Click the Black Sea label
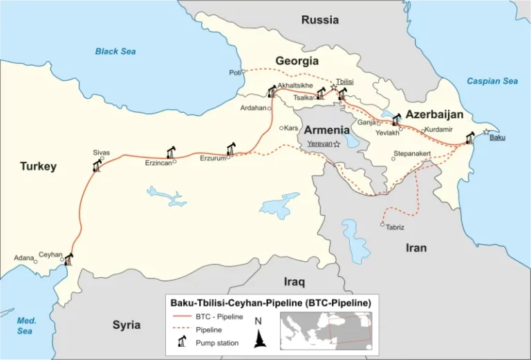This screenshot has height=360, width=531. pyautogui.click(x=115, y=51)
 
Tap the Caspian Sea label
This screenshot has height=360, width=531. pyautogui.click(x=492, y=81)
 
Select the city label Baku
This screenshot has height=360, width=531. pyautogui.click(x=497, y=138)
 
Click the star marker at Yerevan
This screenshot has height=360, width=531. pyautogui.click(x=337, y=144)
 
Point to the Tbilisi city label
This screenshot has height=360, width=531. pyautogui.click(x=344, y=82)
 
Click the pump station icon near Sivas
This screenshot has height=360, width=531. pyautogui.click(x=96, y=166)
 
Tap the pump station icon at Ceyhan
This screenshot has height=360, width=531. pyautogui.click(x=68, y=259)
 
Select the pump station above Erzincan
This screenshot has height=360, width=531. pyautogui.click(x=171, y=152)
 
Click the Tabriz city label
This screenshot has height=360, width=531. pyautogui.click(x=395, y=227)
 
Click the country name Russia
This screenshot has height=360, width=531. pyautogui.click(x=320, y=19)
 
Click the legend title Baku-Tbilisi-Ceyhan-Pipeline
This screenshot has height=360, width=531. pyautogui.click(x=270, y=303)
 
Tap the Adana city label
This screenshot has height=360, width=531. pyautogui.click(x=24, y=258)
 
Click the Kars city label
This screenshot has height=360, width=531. pyautogui.click(x=290, y=128)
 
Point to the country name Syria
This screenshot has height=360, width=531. pyautogui.click(x=127, y=325)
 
